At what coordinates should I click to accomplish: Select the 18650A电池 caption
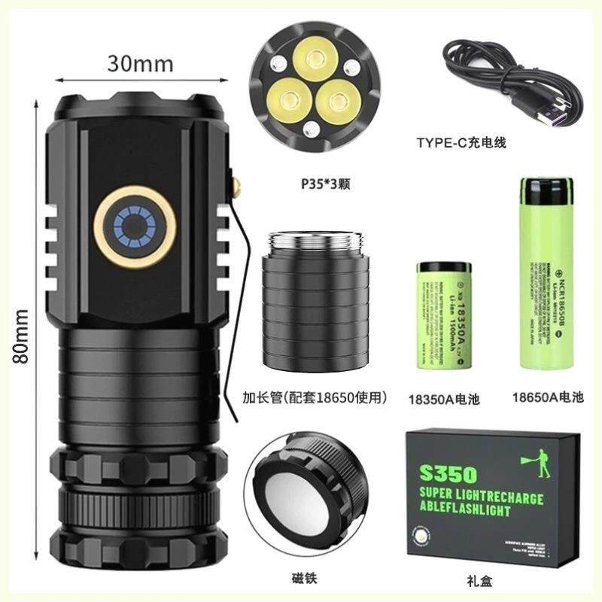(x=547, y=397)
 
